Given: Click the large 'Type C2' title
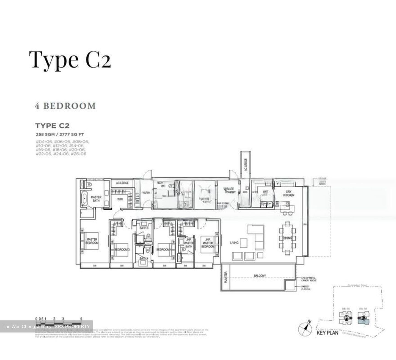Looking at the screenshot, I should coord(70,60).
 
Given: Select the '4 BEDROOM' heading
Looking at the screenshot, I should coord(65,106).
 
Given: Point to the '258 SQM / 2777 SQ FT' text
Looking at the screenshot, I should coord(59,134).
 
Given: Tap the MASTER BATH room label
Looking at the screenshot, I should coord(96,199).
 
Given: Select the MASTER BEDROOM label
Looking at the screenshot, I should coord(92,241).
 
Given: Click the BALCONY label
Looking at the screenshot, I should coord(260,276).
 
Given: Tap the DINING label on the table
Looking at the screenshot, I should coord(287,238).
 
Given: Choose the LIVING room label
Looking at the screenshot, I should coord(234,243).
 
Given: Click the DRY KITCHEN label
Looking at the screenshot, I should coord(289,193).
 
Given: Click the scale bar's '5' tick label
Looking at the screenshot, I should coord(81,319).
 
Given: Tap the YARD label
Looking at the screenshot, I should coord(146,193).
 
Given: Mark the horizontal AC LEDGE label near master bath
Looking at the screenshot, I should coord(122,183).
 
